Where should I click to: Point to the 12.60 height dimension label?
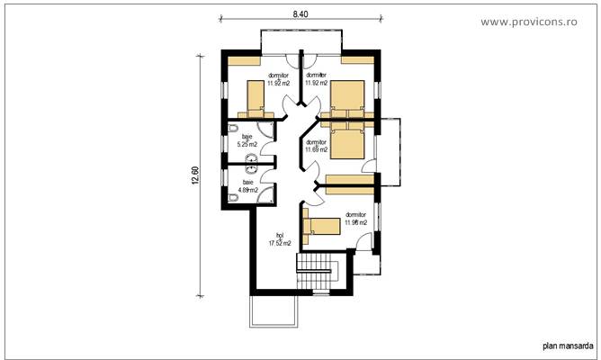(x=195, y=175)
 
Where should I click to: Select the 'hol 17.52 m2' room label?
(x=280, y=238)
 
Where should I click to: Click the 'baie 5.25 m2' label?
(x=247, y=140)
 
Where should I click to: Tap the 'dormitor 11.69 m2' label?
(x=317, y=146)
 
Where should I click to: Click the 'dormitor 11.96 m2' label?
(x=355, y=219)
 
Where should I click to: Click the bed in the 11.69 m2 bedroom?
(x=348, y=140)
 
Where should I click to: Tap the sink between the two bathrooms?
(x=252, y=164)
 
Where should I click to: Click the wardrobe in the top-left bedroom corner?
(x=243, y=60)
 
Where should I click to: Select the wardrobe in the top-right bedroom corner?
(x=357, y=60)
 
